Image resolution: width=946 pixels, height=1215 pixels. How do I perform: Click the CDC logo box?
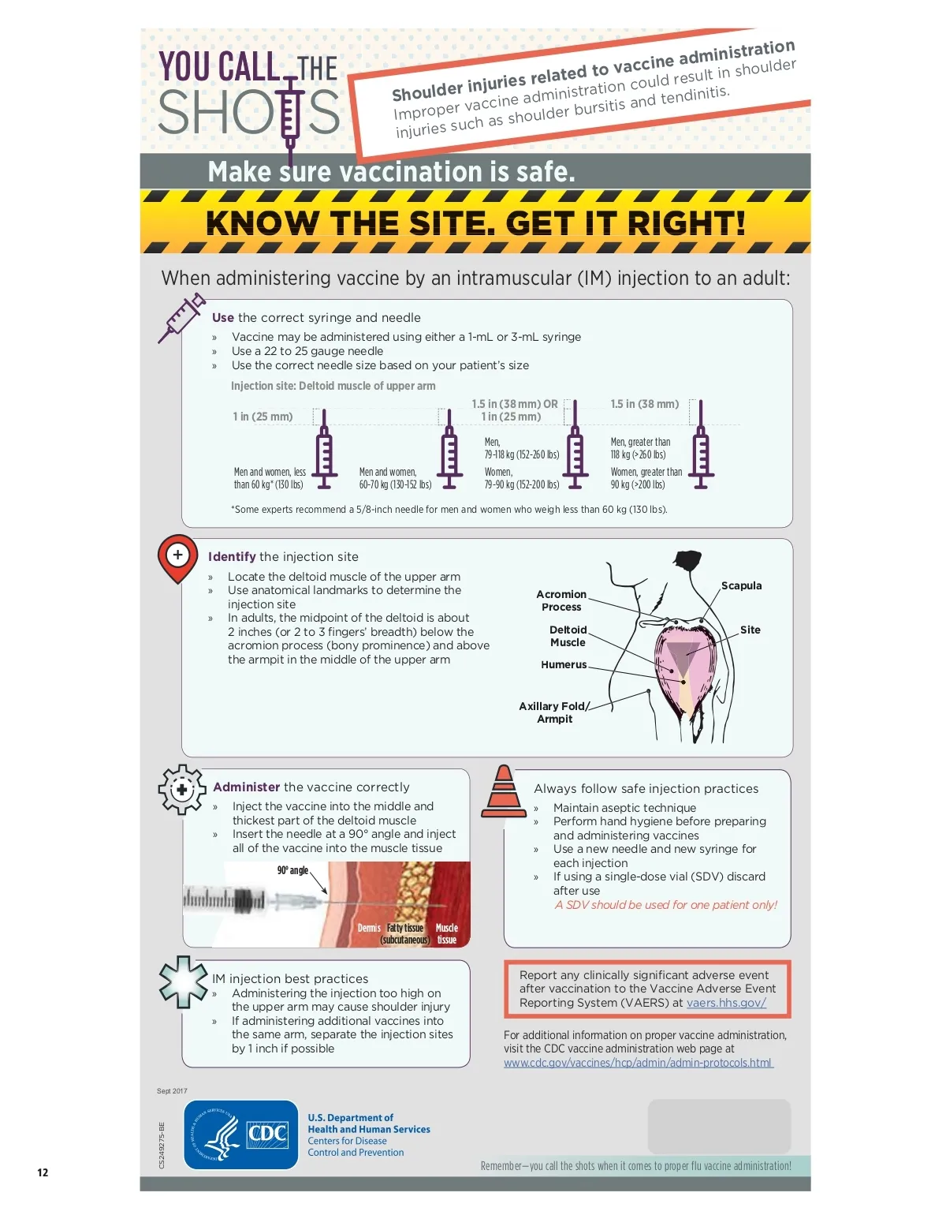click(x=240, y=1135)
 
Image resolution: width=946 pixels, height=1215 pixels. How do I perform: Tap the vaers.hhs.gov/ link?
click(x=726, y=1003)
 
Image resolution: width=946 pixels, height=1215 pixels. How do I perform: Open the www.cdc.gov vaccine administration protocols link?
click(x=639, y=1063)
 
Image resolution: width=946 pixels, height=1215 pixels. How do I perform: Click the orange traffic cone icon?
click(x=504, y=791)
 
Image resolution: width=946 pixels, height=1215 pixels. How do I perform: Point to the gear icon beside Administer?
click(x=181, y=790)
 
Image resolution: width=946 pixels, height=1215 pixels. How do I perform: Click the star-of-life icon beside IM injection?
click(x=183, y=982)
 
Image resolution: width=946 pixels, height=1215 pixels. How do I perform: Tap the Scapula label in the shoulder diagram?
click(x=741, y=585)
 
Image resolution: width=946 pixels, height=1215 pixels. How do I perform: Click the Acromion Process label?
click(x=561, y=600)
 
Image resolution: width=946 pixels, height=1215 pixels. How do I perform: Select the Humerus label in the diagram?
click(x=564, y=664)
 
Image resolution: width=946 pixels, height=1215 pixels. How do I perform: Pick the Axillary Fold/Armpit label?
click(x=554, y=712)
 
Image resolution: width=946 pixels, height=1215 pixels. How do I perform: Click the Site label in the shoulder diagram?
click(x=750, y=630)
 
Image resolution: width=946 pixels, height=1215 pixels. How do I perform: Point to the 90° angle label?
click(x=292, y=870)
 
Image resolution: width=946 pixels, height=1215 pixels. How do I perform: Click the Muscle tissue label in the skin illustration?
click(x=446, y=934)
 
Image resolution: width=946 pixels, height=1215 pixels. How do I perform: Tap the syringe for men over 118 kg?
click(x=701, y=444)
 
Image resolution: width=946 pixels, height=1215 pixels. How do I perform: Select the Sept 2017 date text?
click(x=172, y=1091)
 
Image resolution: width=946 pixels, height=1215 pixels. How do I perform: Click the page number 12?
click(x=43, y=1172)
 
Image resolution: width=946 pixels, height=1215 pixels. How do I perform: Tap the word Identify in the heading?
click(x=232, y=556)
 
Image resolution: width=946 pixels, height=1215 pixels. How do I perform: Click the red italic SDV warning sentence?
click(x=665, y=905)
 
